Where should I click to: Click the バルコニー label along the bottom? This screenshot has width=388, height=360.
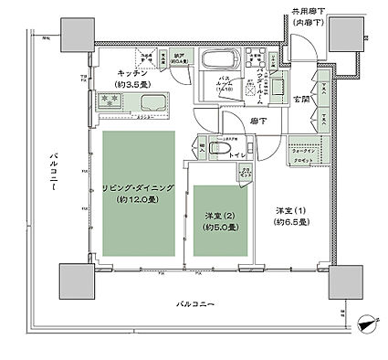pos(196,302)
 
